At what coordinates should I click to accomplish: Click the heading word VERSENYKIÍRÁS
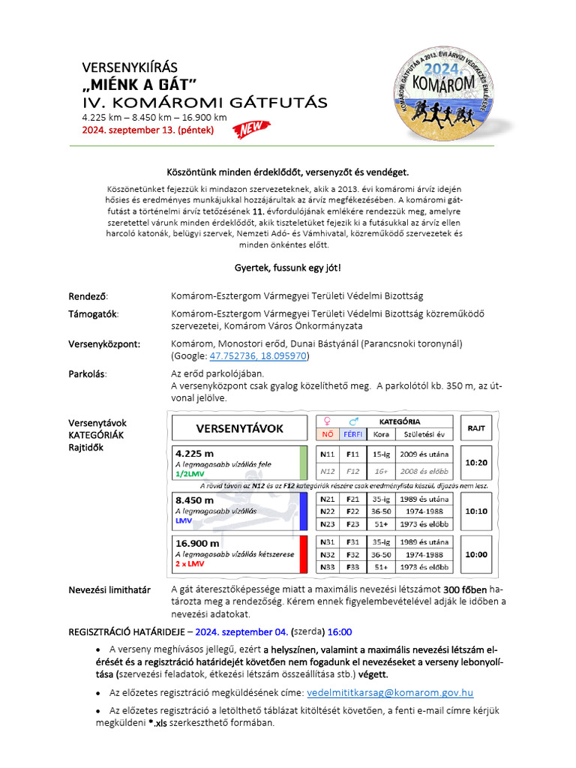click(x=130, y=67)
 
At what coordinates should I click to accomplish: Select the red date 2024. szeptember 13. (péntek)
click(x=148, y=130)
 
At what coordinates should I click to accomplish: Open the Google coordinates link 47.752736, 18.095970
click(x=257, y=356)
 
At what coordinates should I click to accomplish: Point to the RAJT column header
click(x=475, y=428)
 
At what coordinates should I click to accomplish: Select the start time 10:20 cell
click(x=475, y=463)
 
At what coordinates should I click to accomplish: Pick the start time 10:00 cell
click(x=475, y=554)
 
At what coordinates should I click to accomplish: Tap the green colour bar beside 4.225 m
click(x=303, y=463)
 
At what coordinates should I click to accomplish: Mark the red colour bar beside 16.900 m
click(x=303, y=554)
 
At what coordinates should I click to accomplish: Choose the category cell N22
click(x=327, y=511)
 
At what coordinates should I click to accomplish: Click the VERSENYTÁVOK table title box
click(x=239, y=428)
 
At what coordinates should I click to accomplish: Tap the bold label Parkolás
click(x=87, y=373)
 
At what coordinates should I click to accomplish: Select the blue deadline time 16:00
click(x=339, y=631)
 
